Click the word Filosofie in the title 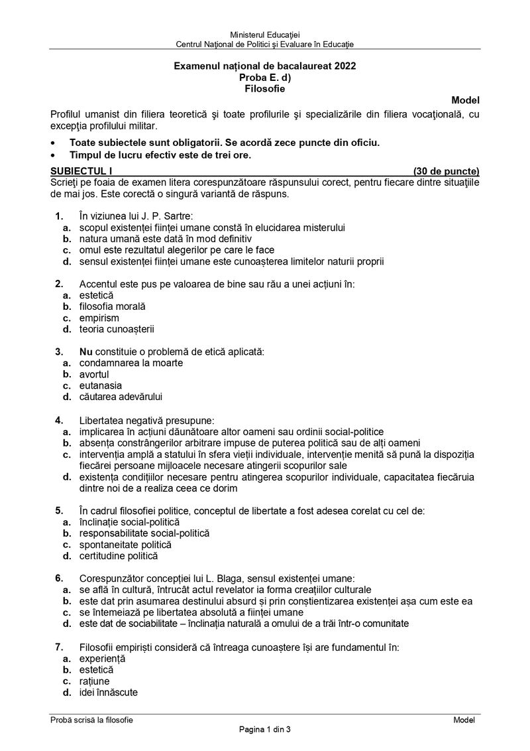(264, 88)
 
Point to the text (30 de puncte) (446, 171)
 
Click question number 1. (59, 216)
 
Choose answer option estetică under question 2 (97, 295)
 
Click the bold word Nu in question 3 (85, 352)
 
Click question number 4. (59, 419)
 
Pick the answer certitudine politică (119, 556)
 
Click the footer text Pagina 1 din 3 (265, 730)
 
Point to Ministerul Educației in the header (265, 34)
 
